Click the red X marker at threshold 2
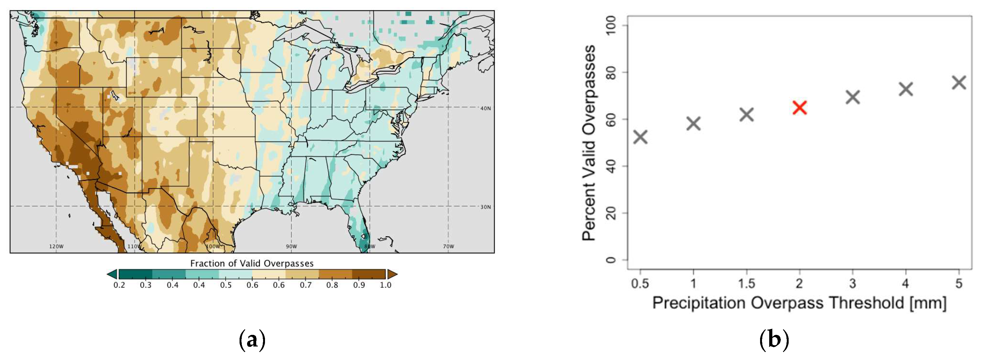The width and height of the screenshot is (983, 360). click(x=799, y=108)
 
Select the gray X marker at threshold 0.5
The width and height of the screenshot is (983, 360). click(x=640, y=137)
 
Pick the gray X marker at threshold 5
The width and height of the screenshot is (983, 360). click(x=959, y=82)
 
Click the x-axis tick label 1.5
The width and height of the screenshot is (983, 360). click(x=746, y=284)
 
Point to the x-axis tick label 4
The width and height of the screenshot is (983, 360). click(x=906, y=284)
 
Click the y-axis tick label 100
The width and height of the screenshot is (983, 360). click(x=612, y=25)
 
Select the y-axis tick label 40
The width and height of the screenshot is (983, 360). click(x=612, y=166)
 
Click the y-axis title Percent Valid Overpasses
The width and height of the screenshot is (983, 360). click(x=589, y=143)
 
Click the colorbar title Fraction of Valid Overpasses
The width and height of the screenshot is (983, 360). click(x=252, y=264)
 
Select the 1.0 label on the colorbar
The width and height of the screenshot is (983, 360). click(x=386, y=285)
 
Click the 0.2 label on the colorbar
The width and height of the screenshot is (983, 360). click(x=119, y=285)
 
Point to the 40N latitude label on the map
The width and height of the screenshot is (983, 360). click(x=485, y=108)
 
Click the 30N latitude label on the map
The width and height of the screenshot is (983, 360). click(x=485, y=207)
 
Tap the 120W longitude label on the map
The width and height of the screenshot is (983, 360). click(x=57, y=246)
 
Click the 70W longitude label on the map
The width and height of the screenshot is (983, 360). click(x=448, y=246)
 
